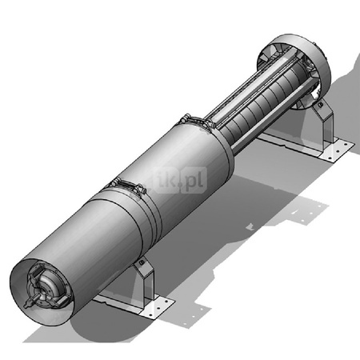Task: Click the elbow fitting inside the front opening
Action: pyautogui.click(x=47, y=286)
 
